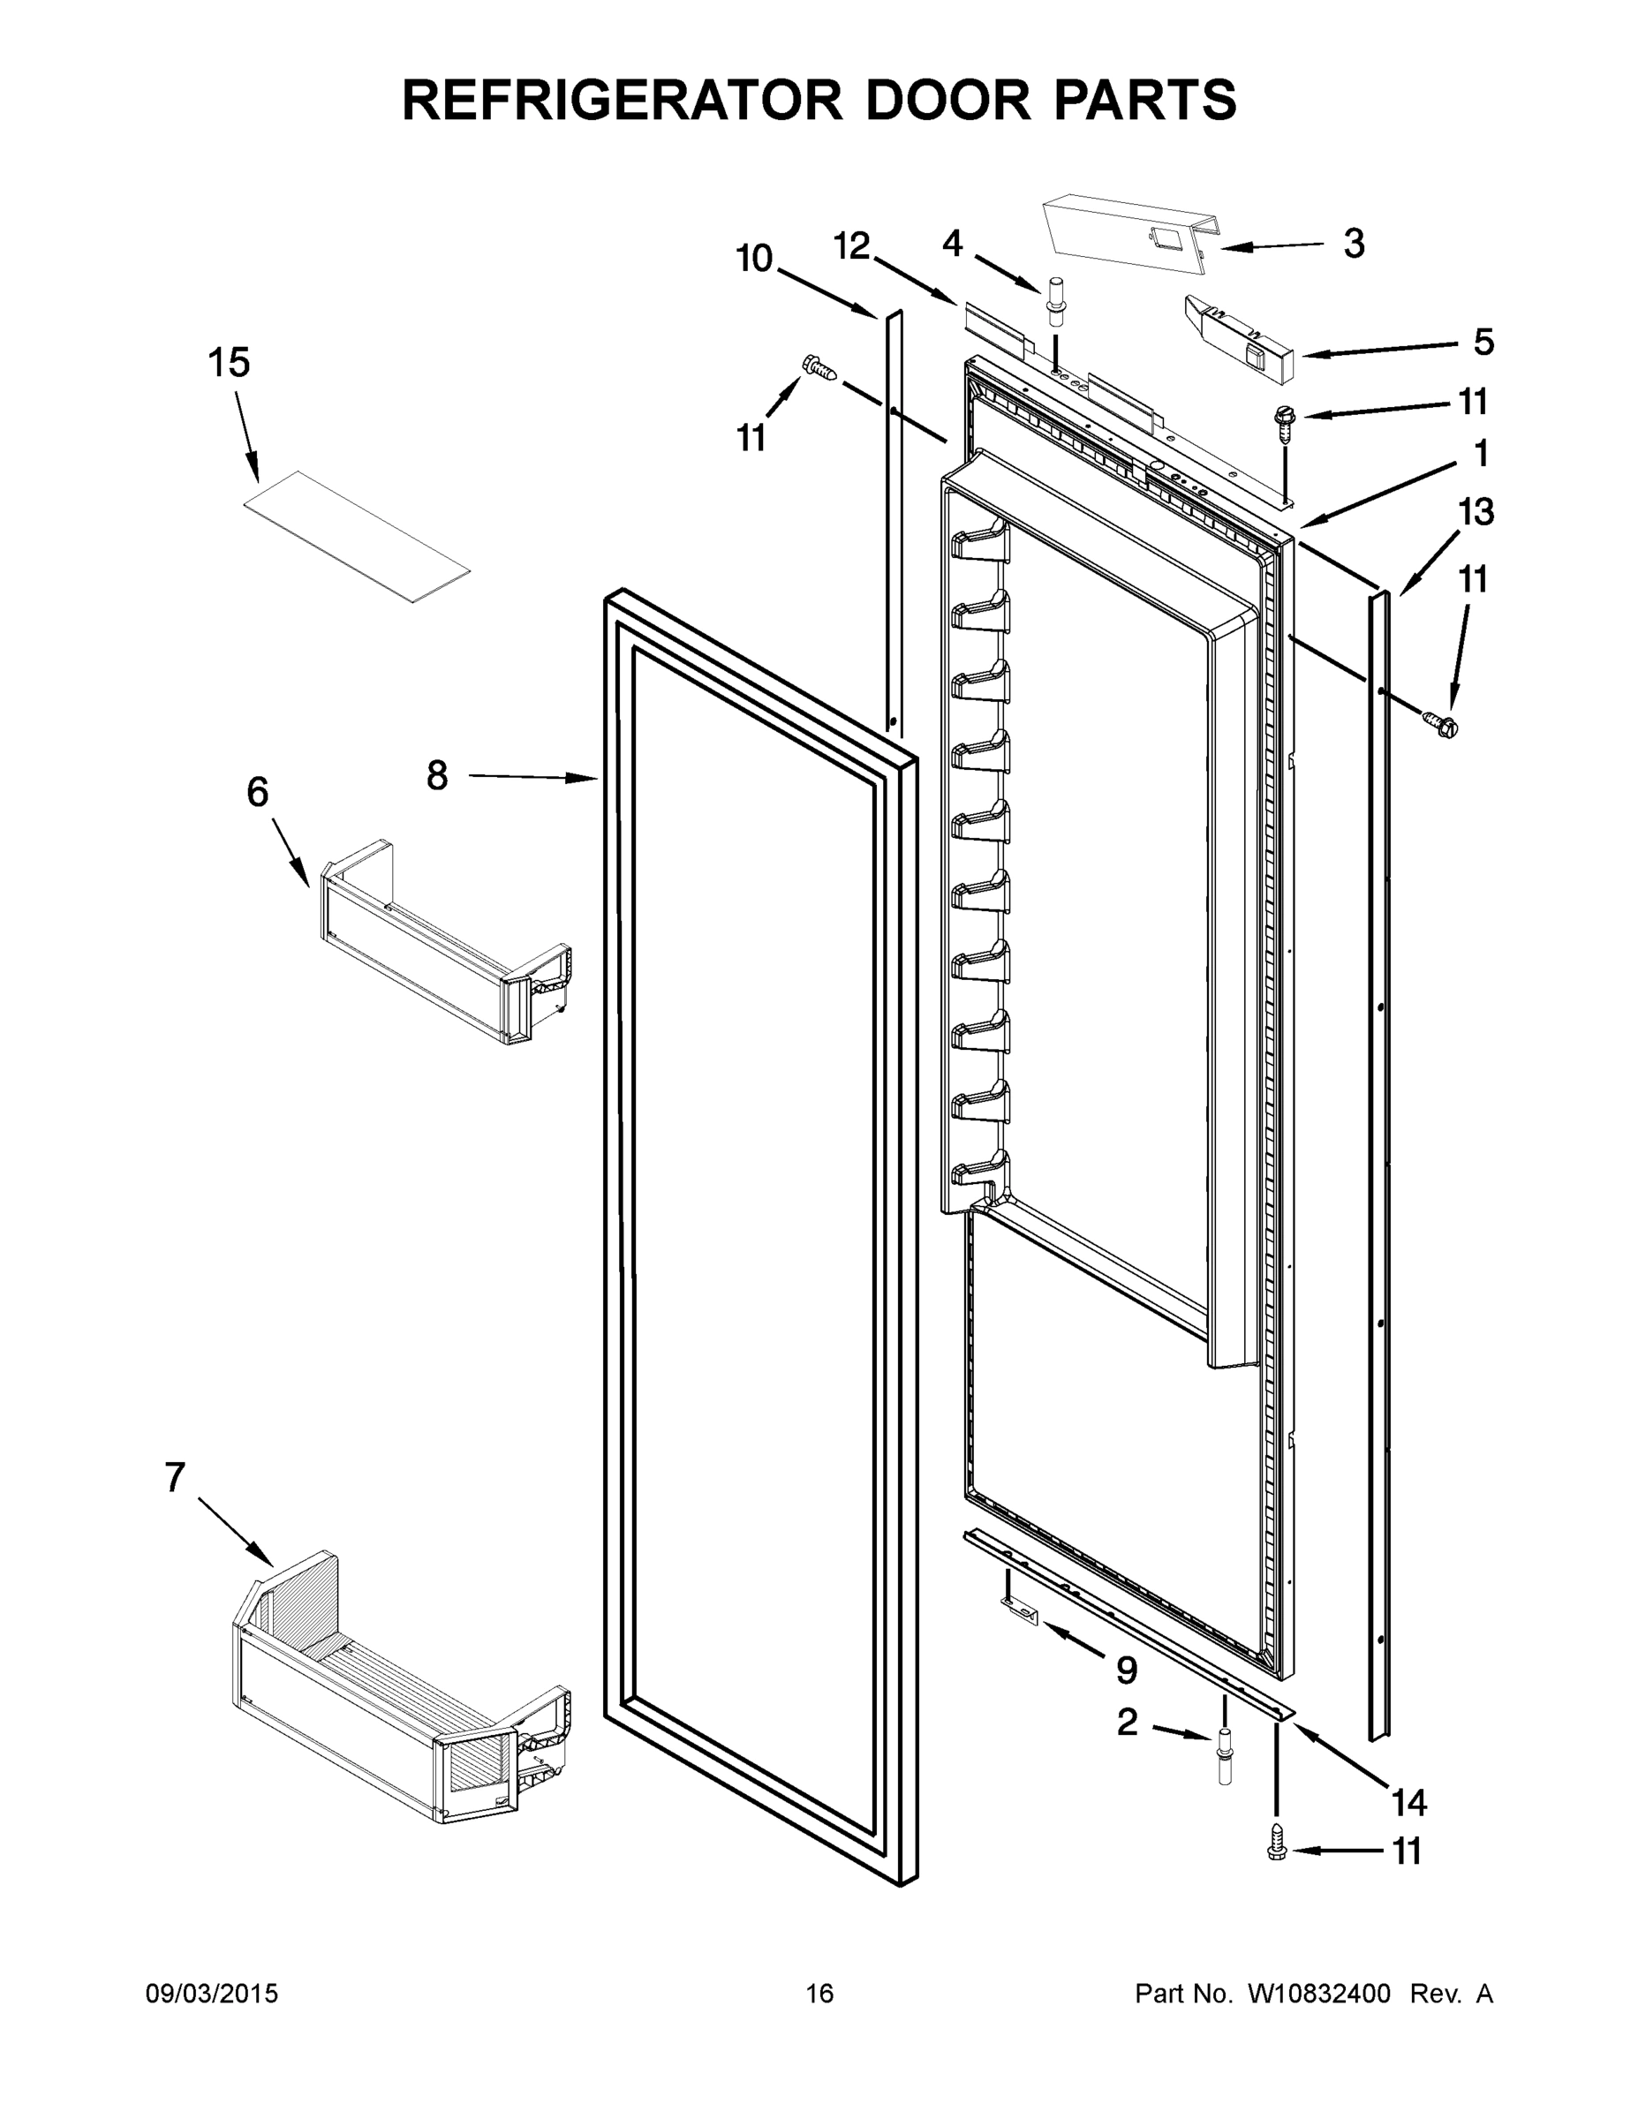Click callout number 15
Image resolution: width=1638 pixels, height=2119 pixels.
tap(229, 363)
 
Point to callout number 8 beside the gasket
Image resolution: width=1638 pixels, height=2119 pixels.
tap(438, 775)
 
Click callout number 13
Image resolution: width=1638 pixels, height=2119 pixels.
tap(1476, 511)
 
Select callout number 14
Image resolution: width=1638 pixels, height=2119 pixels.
tap(1409, 1803)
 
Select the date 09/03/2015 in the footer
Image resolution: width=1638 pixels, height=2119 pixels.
tap(212, 1993)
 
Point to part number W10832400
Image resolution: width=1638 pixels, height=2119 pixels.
tap(1318, 1993)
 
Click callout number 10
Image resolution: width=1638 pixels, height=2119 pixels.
tap(754, 258)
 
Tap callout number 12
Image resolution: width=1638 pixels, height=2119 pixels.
tap(852, 246)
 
